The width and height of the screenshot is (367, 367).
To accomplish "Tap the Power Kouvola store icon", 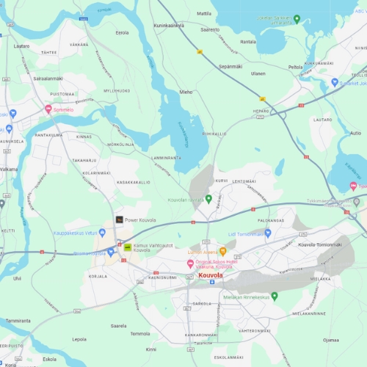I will click(119, 219).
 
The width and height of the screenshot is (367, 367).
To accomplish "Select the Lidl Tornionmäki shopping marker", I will click(268, 233).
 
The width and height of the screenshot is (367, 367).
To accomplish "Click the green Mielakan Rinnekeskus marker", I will click(275, 297).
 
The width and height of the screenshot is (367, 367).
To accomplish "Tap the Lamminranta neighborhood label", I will click(166, 158).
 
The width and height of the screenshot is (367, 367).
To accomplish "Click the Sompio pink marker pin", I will click(48, 109).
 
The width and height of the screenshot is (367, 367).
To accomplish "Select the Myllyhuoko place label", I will click(117, 91).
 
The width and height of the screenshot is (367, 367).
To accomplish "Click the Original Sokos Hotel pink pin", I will click(190, 264).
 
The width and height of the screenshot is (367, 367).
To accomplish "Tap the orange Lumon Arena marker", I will click(223, 252).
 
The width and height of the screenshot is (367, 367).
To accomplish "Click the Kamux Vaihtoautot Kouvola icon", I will click(128, 247).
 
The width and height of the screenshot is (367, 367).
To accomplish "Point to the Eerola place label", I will click(122, 32).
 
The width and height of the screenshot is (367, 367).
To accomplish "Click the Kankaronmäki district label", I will click(200, 335).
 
